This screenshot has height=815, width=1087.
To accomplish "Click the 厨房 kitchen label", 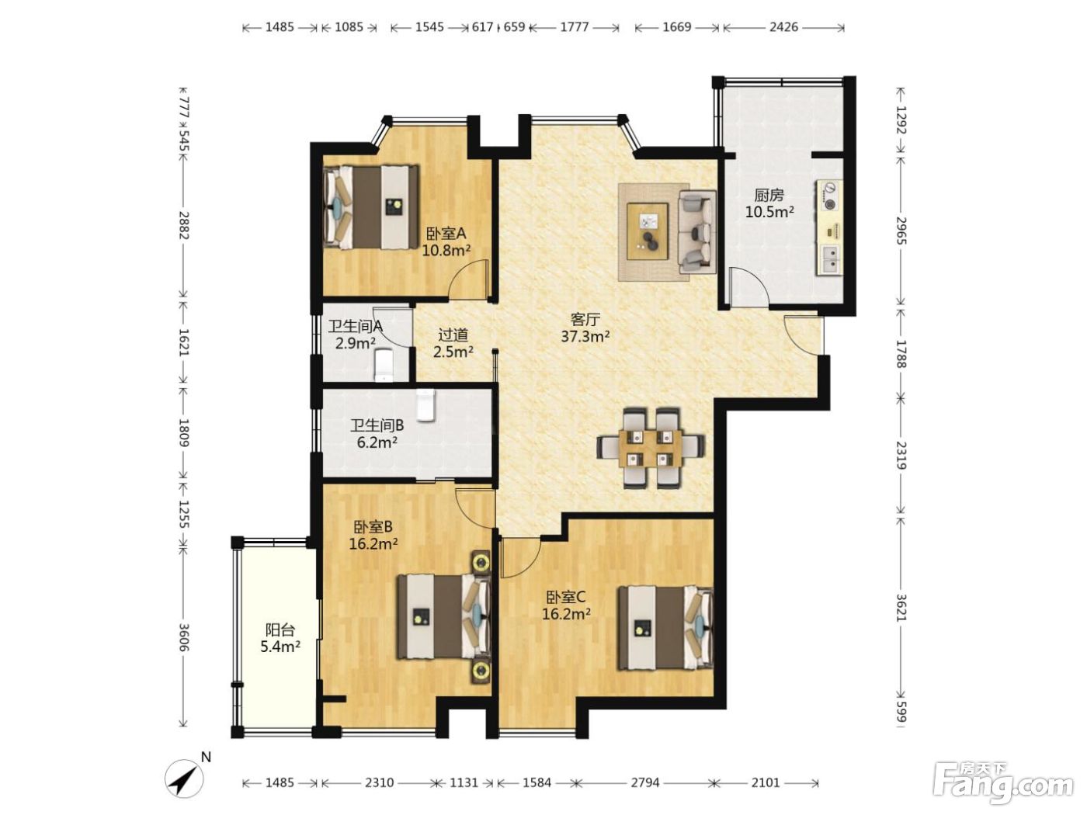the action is [x=769, y=195].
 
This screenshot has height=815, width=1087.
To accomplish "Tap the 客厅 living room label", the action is [x=585, y=319].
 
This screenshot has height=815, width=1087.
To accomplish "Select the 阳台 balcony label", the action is [x=280, y=629].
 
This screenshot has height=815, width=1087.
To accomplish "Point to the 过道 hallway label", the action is [x=453, y=335].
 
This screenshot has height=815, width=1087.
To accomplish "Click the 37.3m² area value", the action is [x=585, y=337].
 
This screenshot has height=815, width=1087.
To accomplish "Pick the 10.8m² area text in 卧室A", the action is [x=446, y=250].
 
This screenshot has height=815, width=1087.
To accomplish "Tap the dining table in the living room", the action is [x=650, y=448].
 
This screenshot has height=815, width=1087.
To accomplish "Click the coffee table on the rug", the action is [x=648, y=231].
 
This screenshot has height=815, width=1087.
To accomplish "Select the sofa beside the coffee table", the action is [x=696, y=231].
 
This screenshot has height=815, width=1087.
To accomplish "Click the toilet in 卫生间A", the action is [x=384, y=365].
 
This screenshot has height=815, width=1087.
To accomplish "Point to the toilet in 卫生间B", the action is [x=425, y=405].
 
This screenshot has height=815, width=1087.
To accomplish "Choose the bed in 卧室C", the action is [x=665, y=628].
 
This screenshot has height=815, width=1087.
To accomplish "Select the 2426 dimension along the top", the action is [x=783, y=26].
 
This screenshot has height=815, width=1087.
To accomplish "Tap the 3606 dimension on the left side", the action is [x=184, y=637].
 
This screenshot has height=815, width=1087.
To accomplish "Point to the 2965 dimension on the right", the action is [x=901, y=231].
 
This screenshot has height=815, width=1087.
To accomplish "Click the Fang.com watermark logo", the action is [x=1003, y=784].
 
